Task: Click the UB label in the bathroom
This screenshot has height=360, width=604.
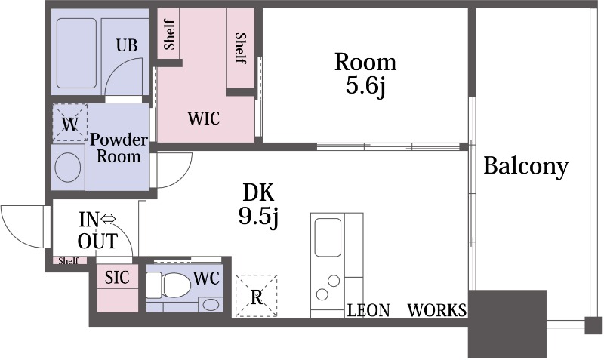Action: point(127,45)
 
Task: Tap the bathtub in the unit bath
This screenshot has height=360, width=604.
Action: point(76,53)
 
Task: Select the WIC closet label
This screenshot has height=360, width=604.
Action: point(204,118)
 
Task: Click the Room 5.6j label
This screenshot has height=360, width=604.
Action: point(365,74)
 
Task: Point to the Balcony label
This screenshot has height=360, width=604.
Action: point(525,166)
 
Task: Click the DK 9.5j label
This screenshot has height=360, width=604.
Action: point(258,205)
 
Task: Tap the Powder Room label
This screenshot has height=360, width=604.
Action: point(119,148)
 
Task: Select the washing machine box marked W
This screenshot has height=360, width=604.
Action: point(69,123)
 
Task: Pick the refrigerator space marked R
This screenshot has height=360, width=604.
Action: point(256,296)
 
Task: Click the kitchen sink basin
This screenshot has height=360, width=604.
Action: point(328,237)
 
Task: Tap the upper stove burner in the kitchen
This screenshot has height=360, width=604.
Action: point(334,281)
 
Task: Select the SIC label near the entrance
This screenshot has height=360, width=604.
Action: point(117,277)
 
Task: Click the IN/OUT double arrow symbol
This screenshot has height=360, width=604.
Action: point(108,220)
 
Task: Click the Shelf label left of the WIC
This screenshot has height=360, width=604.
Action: point(169,35)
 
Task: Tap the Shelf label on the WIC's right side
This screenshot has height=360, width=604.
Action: point(240,48)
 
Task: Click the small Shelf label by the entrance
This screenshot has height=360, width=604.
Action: point(69,261)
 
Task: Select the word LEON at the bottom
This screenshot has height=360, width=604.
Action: point(368,310)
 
